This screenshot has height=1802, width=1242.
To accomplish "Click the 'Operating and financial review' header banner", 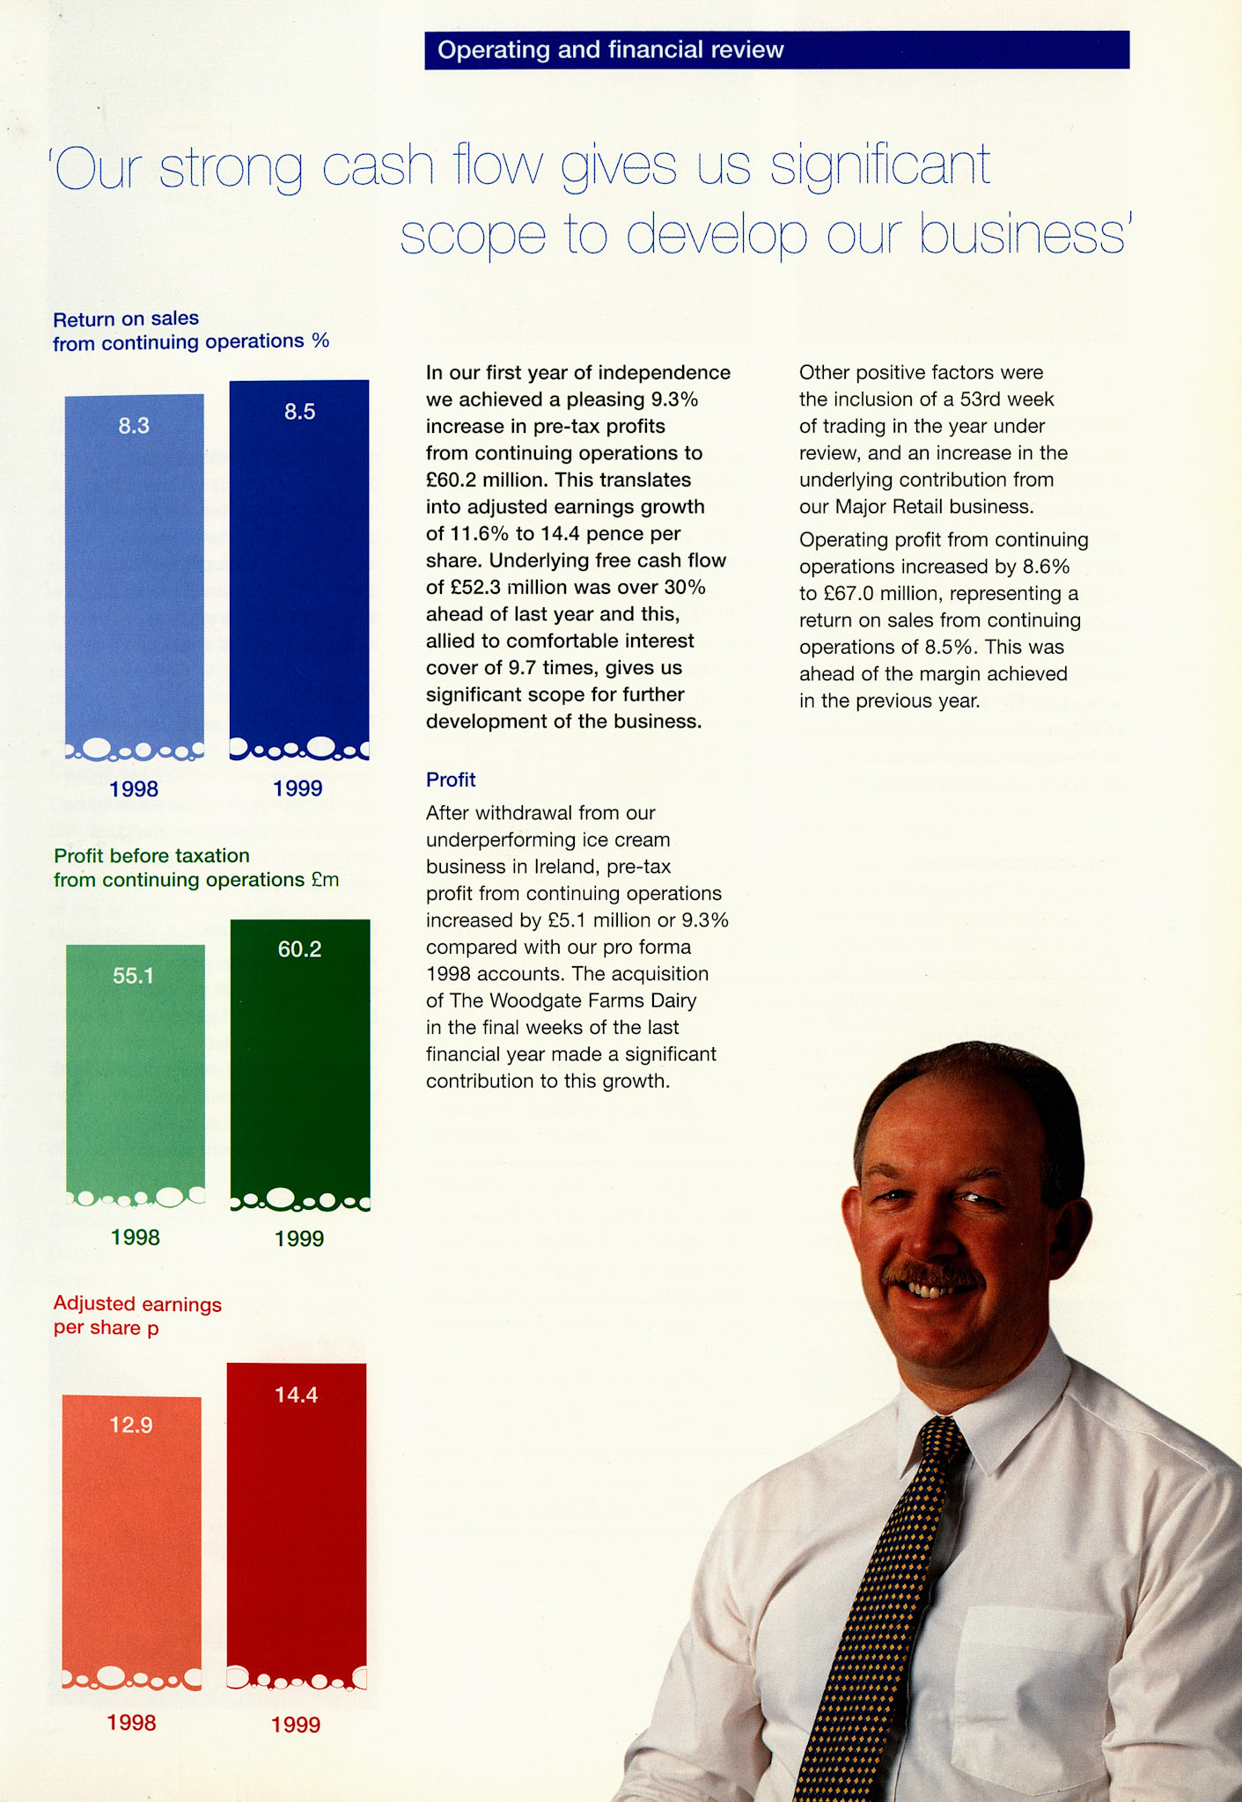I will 776,50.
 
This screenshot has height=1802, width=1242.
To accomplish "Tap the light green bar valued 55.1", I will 136,1073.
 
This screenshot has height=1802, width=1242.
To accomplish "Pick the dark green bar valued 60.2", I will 300,1065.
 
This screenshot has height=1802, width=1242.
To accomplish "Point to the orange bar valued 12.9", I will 132,1540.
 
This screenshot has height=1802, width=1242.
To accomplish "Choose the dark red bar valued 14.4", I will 297,1522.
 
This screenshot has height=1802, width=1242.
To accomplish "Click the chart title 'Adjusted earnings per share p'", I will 137,1315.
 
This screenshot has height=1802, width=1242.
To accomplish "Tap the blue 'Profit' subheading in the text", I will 451,780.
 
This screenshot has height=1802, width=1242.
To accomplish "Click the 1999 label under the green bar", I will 299,1239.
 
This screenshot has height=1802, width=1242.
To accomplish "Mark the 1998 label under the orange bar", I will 132,1723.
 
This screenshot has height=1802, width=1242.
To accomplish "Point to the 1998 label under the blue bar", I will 134,788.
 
